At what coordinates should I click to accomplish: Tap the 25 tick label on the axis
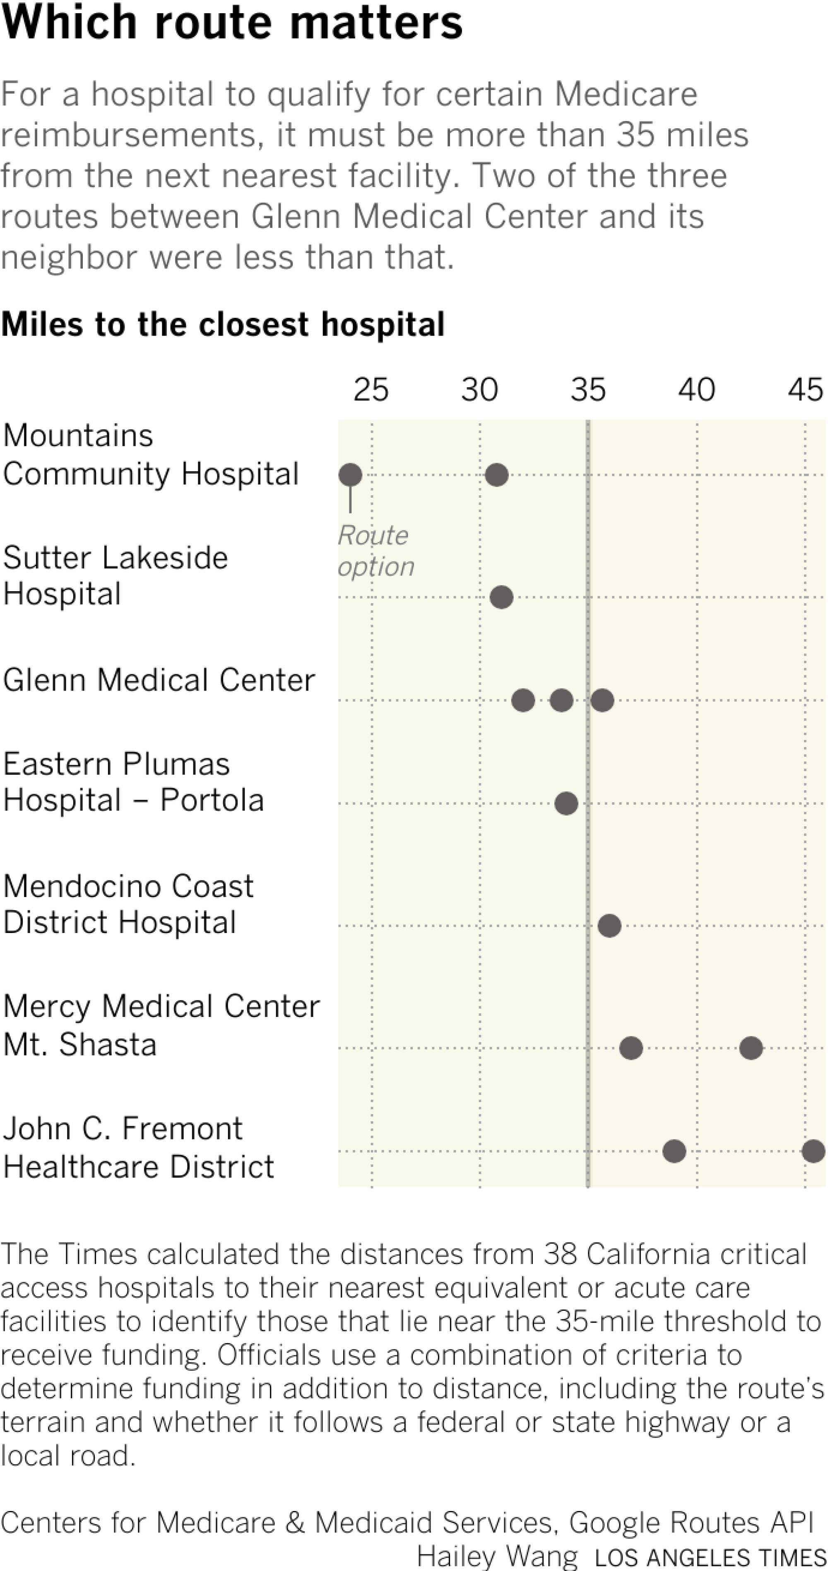point(371,390)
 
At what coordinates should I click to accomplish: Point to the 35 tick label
point(587,390)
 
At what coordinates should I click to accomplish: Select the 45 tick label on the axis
point(805,390)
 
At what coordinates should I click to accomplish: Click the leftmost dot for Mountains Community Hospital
point(350,475)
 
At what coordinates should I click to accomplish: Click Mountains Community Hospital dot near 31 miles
point(497,475)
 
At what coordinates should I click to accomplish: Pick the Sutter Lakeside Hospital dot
point(501,597)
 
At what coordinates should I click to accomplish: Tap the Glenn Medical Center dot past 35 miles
point(602,700)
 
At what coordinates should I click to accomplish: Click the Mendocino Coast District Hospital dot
point(609,926)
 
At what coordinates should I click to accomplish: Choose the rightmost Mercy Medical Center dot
point(751,1048)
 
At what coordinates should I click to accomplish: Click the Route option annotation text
point(375,551)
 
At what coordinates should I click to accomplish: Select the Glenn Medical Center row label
point(159,679)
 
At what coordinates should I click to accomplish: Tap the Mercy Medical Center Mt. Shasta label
point(161,1024)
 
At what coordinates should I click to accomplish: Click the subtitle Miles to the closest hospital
point(223,324)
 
